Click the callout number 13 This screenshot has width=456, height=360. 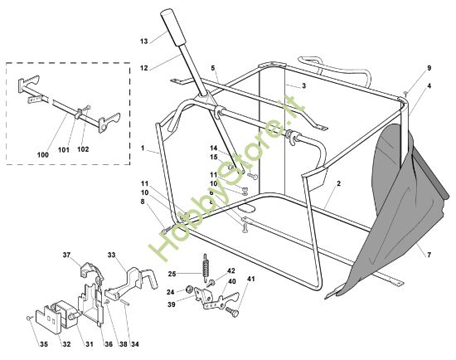pos(144,41)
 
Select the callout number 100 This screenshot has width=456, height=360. pos(43,155)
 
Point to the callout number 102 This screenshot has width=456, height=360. pos(83,149)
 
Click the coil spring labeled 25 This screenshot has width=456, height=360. pos(206,268)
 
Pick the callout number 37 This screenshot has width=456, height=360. pos(66,255)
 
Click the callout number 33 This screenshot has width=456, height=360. pos(111,255)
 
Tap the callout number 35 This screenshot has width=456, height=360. pos(44,344)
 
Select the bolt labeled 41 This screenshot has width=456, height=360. pos(232,312)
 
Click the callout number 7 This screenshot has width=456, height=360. pos(429,255)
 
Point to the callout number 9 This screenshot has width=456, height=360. pos(429,68)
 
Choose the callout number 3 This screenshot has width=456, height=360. pos(304,86)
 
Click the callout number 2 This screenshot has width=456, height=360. pos(338,183)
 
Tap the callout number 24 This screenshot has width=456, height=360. pos(171,292)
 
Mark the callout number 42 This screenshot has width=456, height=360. pos(231,271)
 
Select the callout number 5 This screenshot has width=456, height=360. pos(213,68)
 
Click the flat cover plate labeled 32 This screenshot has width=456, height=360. pos(49,319)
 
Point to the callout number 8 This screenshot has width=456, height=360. pos(143,202)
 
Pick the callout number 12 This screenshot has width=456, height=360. pos(144,68)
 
